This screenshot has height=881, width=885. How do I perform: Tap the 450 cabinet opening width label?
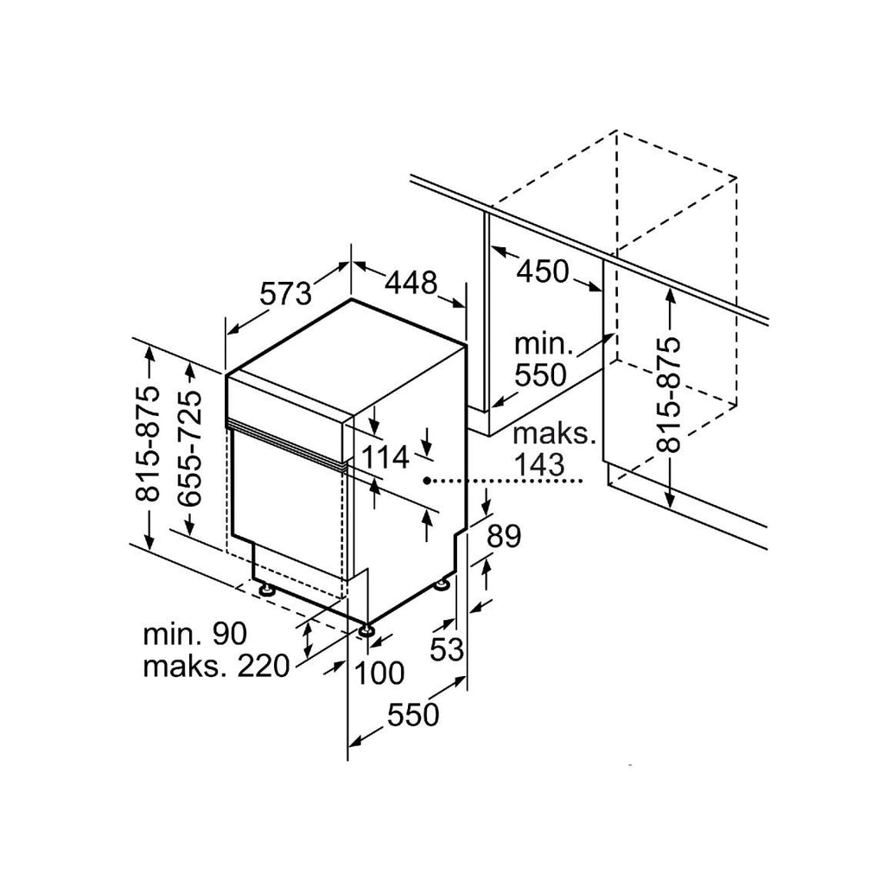[544, 271]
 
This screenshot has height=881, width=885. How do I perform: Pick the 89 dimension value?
[504, 536]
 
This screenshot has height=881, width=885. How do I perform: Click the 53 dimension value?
[447, 649]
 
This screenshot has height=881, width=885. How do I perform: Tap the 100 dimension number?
[380, 673]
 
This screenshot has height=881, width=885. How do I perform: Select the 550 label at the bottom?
[413, 715]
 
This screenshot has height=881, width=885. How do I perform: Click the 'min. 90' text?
[194, 634]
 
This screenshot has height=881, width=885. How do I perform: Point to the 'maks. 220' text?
[216, 667]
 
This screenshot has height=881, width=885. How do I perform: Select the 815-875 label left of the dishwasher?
[149, 444]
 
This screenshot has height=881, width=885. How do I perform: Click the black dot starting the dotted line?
[427, 481]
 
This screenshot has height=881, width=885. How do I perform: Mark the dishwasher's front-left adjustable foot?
[265, 590]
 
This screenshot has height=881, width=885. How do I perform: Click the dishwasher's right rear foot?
[442, 584]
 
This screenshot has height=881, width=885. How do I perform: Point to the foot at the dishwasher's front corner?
[367, 629]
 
